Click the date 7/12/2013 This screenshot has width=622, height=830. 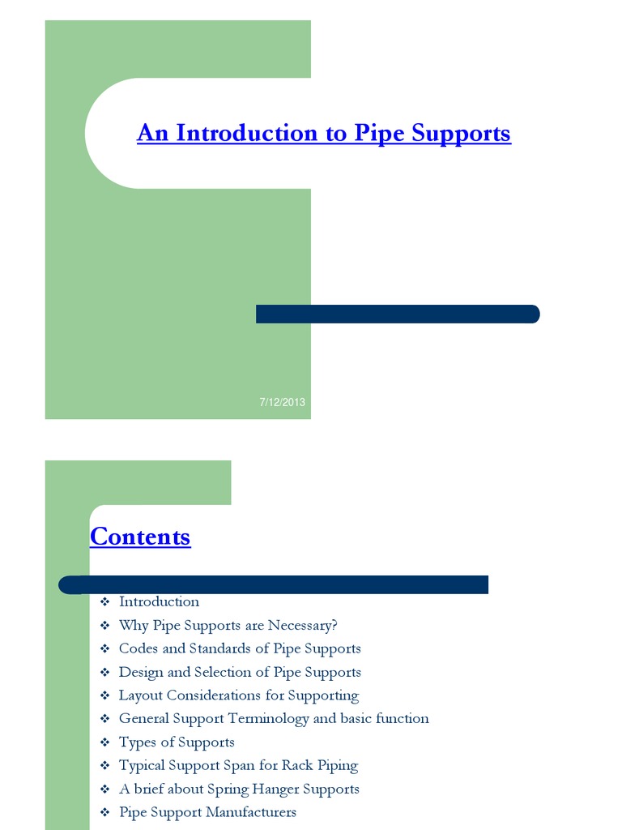point(282,402)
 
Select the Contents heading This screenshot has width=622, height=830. point(140,537)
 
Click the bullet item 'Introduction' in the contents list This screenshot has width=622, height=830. point(159,601)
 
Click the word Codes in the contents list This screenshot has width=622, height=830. point(139,648)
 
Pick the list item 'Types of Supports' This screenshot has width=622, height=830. point(177,742)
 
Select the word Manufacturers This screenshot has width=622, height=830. point(246,812)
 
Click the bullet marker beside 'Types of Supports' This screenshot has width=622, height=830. point(104,742)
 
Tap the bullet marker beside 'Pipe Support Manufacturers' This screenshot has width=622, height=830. point(104,813)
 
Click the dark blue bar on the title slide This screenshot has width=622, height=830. point(397,314)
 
